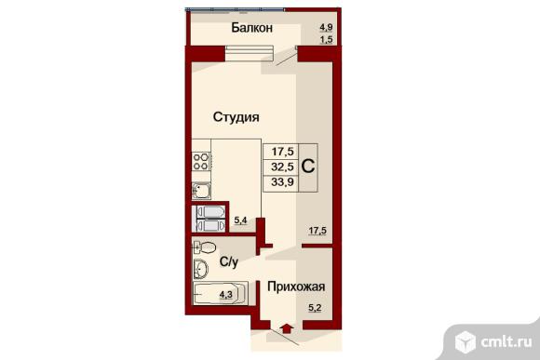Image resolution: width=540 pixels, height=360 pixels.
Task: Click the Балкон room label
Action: coord(251,28)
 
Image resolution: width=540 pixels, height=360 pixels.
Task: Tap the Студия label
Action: coord(236,117)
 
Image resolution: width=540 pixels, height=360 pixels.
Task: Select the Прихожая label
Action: coord(296,287)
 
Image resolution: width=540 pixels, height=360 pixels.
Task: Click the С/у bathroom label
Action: coord(229,262)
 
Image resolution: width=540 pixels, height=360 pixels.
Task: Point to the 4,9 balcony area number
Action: coord(326,27)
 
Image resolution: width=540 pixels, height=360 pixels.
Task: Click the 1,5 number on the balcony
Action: coord(326,40)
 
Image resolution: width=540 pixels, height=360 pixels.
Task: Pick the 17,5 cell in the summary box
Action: coord(282,151)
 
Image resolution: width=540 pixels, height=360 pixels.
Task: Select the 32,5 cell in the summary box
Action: coord(282,167)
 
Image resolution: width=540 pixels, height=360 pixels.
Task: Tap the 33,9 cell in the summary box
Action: coord(282,181)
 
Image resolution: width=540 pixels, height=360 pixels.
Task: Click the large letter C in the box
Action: coord(308,167)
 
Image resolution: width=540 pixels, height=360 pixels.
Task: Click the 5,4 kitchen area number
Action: coord(240,220)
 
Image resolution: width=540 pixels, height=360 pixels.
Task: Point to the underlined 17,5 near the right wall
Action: coord(317,231)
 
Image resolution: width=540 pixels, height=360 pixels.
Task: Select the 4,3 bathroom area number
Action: coord(226,295)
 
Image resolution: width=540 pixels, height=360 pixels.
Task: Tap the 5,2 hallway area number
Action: coord(315,308)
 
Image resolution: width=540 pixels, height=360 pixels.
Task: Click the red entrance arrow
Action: coord(287,328)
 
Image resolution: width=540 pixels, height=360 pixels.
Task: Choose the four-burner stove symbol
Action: coord(201,162)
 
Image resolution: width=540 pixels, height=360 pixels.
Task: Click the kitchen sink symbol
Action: coord(201,191)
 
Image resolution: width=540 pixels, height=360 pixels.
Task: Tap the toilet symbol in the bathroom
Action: coord(204,247)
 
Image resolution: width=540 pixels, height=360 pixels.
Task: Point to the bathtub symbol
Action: coord(221,293)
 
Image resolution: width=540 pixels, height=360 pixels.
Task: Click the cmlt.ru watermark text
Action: coord(506,341)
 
